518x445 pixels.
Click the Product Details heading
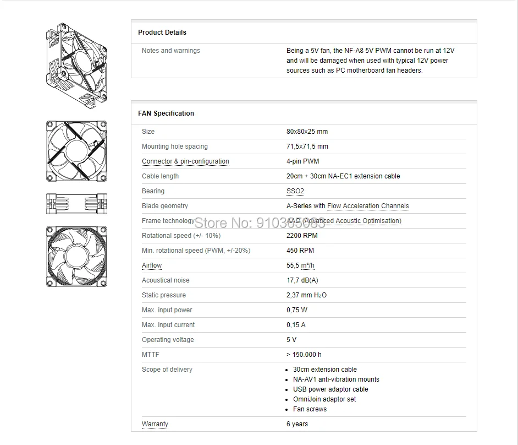pos(162,32)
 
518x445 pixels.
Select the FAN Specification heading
pos(166,113)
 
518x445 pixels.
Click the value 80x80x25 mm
pos(307,132)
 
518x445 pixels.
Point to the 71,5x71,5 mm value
pos(307,146)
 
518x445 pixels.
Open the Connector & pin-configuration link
pos(185,161)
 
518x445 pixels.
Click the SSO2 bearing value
pos(295,191)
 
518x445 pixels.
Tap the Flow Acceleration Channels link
pos(368,206)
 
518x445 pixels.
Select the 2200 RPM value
pos(302,236)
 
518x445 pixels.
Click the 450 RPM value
pos(300,251)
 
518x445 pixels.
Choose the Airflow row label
pos(152,265)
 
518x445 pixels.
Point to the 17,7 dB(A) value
pos(302,280)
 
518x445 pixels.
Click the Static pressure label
pos(164,295)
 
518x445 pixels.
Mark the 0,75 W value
pos(297,310)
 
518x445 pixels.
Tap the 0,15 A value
pos(296,325)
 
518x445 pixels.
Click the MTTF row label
pos(151,355)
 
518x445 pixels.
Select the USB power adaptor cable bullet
pos(330,389)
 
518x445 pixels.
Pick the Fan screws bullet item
pos(310,409)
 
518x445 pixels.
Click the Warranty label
pos(155,424)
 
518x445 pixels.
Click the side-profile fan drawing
pos(76,204)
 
